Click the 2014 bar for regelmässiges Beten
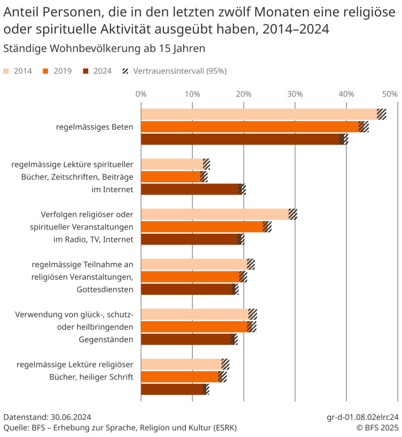point(259,114)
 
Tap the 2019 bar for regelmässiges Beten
point(249,127)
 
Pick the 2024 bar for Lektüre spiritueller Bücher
point(190,189)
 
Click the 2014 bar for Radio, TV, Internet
point(214,214)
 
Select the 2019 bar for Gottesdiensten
point(190,277)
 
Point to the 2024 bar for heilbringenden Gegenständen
point(185,339)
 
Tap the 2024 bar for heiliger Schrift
point(172,389)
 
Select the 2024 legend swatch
point(86,71)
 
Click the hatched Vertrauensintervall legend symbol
point(126,71)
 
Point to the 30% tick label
point(295,94)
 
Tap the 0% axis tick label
point(141,94)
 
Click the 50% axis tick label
point(390,94)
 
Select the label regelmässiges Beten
point(94,127)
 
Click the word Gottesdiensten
point(105,289)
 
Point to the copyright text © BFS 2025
point(378,428)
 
